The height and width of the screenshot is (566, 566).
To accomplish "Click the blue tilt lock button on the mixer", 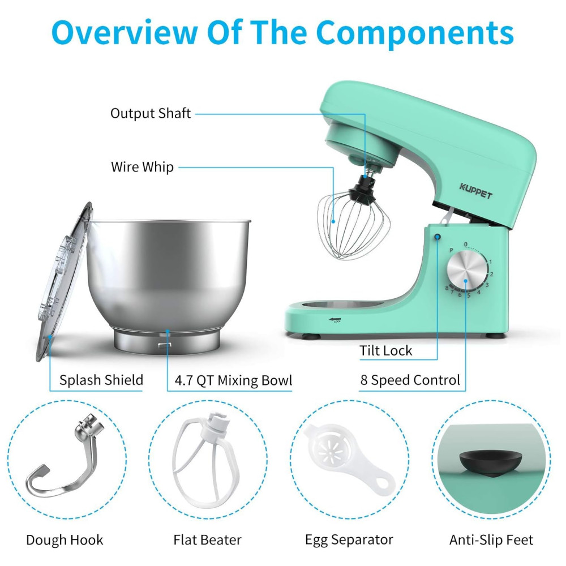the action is click(438, 237).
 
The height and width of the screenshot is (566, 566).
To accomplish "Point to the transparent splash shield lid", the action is click(63, 281).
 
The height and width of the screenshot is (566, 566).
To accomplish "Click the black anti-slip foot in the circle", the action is click(490, 463).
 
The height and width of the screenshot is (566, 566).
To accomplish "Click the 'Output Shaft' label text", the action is click(151, 113).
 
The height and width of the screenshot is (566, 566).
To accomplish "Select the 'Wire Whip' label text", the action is click(142, 167).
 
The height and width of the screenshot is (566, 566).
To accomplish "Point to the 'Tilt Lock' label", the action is click(385, 350).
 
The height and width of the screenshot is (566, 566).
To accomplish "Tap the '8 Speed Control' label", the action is click(410, 380).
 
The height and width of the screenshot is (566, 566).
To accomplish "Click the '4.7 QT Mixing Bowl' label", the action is click(233, 380).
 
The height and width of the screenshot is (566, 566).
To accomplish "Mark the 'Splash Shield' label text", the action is click(101, 380).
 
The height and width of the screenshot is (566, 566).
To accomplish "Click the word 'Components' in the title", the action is click(415, 32).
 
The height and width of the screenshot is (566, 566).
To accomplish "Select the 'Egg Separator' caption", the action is click(349, 540).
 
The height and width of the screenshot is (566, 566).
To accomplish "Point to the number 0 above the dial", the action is click(466, 245).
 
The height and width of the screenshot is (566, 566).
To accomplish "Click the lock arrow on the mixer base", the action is click(335, 319).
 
